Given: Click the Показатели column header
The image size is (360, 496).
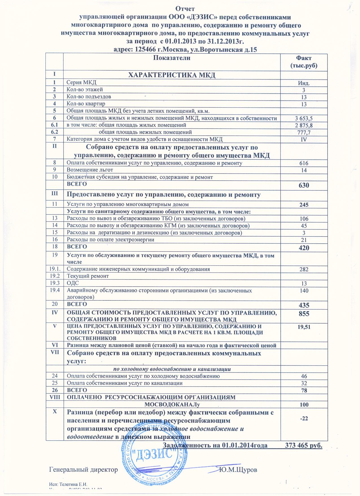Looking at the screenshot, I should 172,58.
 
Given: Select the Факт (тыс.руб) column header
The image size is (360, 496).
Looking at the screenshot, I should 304,62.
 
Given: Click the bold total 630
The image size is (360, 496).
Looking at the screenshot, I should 304,186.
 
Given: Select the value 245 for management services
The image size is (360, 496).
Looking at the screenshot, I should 304,205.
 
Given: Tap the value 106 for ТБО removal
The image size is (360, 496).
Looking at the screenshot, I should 304,219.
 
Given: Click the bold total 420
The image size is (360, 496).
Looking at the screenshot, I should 304,248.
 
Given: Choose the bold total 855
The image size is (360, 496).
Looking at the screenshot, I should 304,314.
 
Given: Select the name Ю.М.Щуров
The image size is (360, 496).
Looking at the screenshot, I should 239,470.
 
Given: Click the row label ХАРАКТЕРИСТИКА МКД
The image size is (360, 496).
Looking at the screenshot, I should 172,75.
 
